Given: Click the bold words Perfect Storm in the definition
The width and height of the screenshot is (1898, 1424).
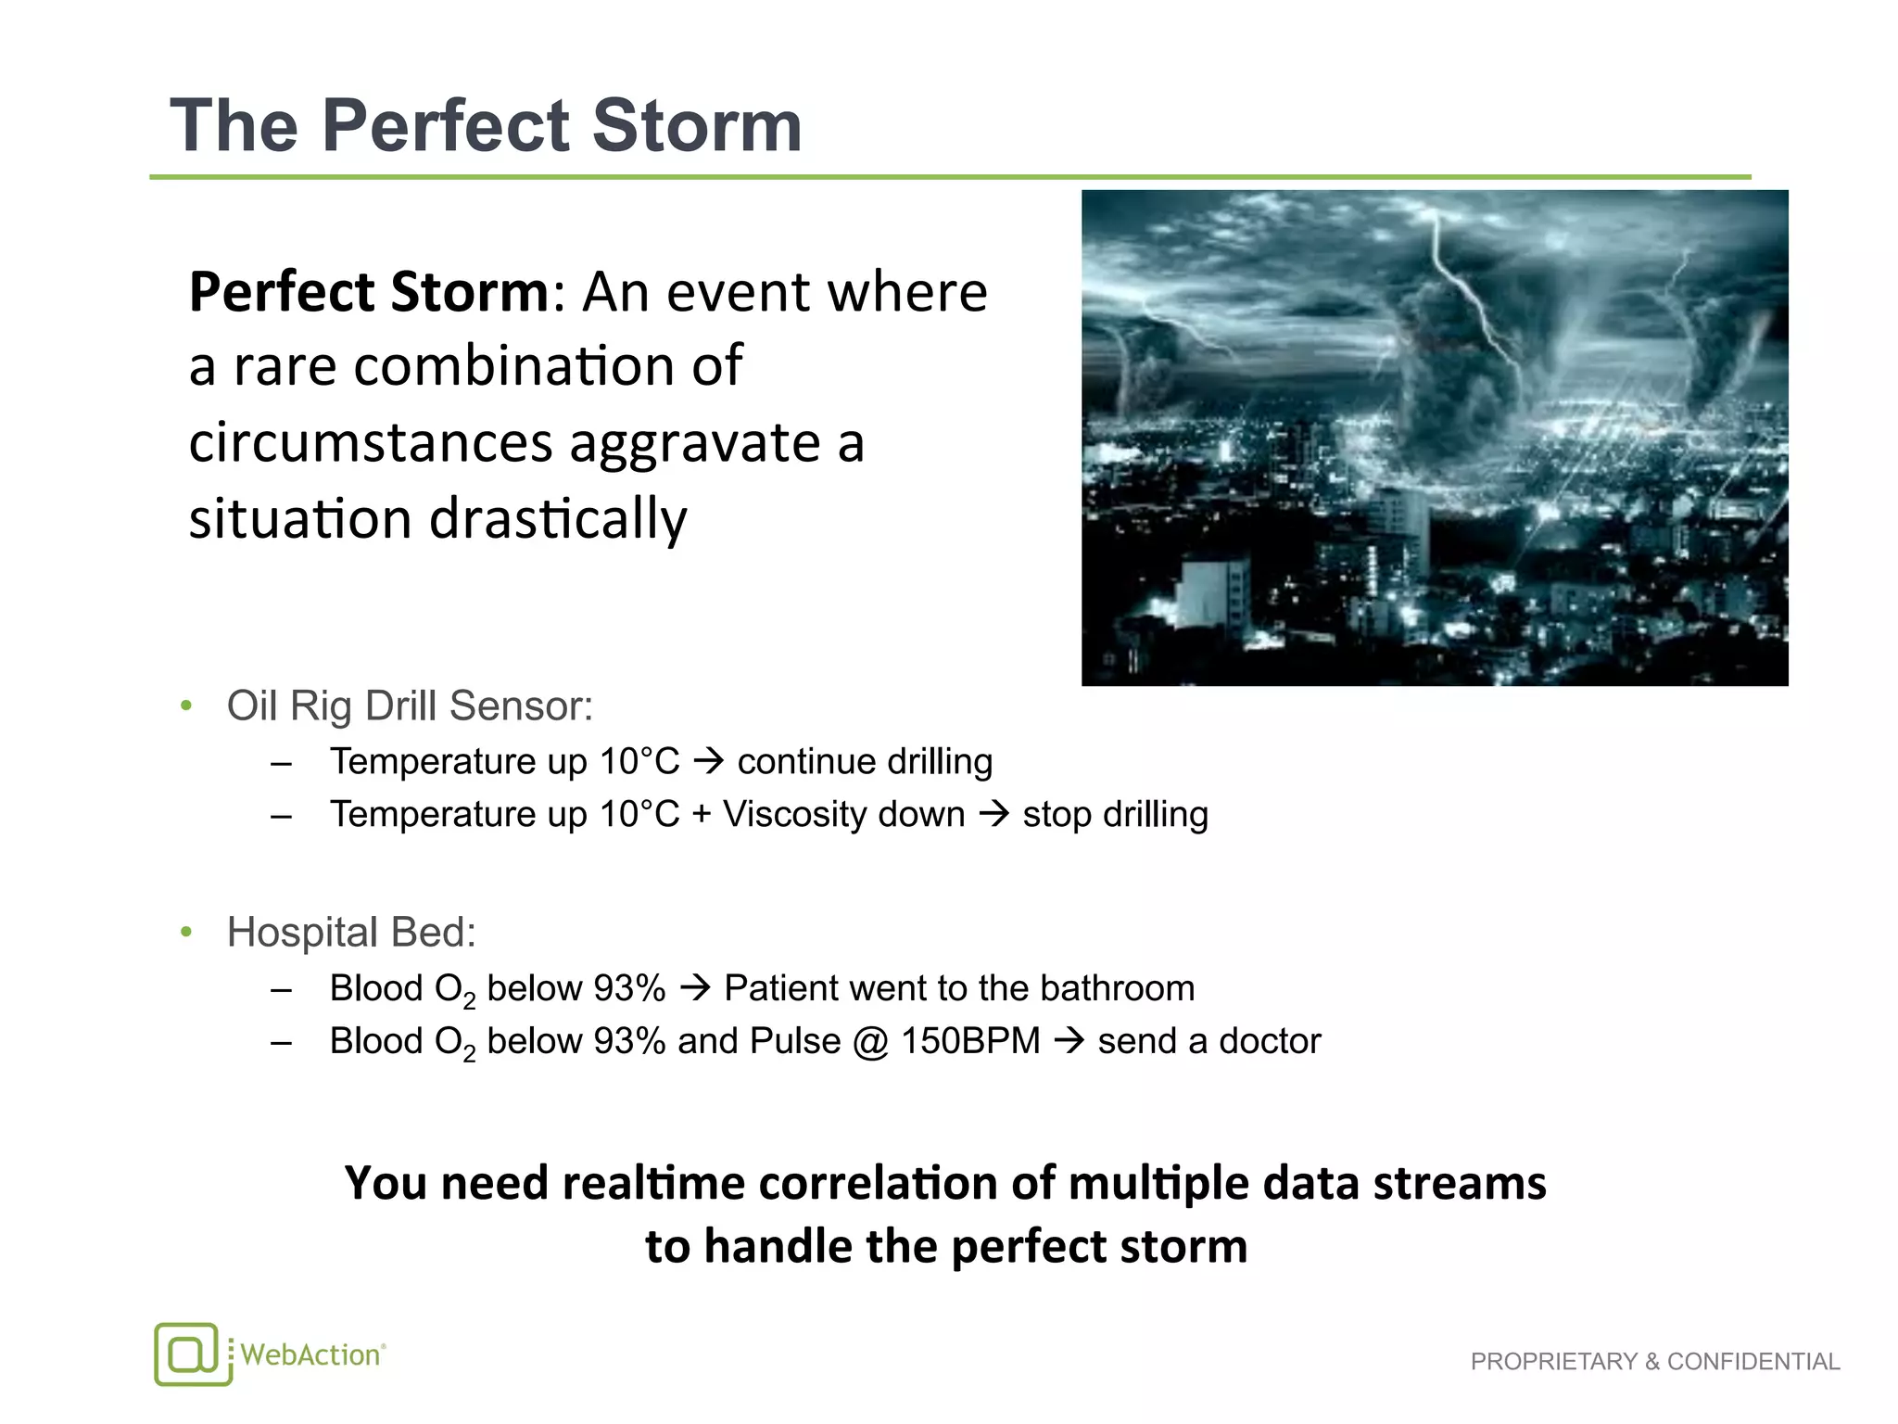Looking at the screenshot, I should [x=370, y=292].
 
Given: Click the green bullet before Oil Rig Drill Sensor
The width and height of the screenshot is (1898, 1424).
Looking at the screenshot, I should [x=186, y=706].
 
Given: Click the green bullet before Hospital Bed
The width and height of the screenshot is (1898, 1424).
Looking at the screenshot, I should [x=186, y=932].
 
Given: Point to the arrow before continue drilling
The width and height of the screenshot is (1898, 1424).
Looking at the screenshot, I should [x=709, y=762].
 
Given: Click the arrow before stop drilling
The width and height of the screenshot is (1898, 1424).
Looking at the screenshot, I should [x=993, y=815].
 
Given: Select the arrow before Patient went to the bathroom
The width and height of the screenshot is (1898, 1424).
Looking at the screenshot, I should [x=695, y=988].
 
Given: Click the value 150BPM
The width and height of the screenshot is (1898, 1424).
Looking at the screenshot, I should [x=970, y=1041].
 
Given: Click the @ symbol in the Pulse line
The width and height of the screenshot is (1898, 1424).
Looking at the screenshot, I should [x=870, y=1042].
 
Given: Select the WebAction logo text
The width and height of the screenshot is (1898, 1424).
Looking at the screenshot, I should [x=311, y=1355].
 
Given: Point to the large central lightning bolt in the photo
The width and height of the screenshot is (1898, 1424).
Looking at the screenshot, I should [x=1474, y=297].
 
